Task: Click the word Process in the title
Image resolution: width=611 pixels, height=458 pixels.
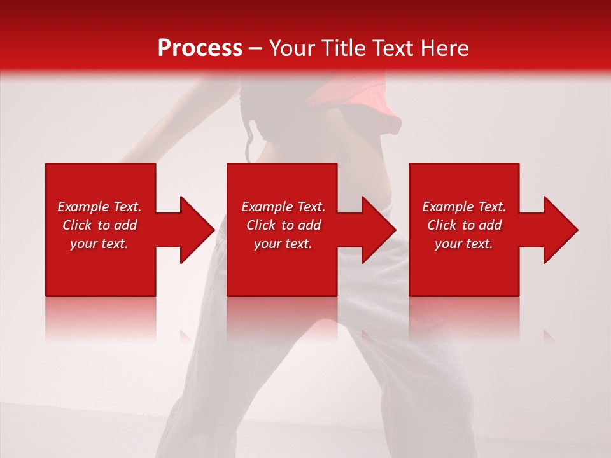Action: click(200, 48)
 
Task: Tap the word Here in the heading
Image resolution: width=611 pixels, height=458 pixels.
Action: click(444, 48)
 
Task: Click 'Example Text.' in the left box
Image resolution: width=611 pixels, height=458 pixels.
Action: click(99, 207)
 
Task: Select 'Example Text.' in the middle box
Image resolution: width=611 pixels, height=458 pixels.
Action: click(283, 207)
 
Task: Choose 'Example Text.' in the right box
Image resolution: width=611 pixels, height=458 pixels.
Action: click(464, 207)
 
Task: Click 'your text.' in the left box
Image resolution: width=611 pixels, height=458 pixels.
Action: click(99, 244)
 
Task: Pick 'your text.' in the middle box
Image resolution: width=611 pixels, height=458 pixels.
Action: click(283, 244)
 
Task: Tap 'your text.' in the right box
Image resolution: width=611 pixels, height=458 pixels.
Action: click(464, 244)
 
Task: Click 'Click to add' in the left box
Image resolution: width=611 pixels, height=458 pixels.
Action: click(99, 225)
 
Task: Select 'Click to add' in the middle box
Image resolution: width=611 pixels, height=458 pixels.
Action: click(283, 225)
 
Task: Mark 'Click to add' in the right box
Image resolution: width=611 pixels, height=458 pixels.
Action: click(464, 225)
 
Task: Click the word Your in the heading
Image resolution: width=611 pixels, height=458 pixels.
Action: click(292, 48)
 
